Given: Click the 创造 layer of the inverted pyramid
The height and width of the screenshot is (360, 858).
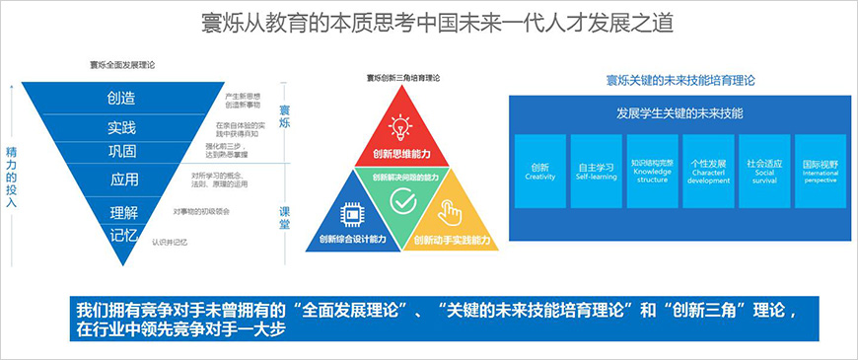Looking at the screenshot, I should pos(122,98).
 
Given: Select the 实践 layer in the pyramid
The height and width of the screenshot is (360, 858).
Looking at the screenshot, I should pos(122,127).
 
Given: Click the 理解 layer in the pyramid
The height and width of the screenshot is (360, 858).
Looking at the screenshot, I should pos(123,212).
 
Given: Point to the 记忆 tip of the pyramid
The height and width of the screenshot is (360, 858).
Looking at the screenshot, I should pos(122,236).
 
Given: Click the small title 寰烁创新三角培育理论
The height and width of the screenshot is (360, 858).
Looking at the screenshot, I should pos(402,76).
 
